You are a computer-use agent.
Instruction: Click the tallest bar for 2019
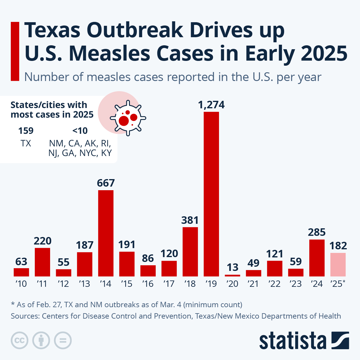click(x=211, y=194)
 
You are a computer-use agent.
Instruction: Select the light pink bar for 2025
click(x=338, y=265)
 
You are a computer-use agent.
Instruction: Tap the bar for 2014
click(x=106, y=233)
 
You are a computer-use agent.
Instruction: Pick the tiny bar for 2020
click(x=232, y=275)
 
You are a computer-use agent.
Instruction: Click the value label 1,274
click(x=211, y=105)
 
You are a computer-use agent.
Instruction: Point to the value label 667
click(x=106, y=183)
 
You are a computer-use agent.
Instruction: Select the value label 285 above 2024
click(x=317, y=232)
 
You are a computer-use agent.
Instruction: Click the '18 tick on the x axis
click(x=190, y=283)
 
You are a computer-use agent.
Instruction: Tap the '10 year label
click(x=21, y=283)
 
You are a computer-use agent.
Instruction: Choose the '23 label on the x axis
click(x=295, y=283)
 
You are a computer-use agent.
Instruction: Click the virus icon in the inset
click(x=128, y=118)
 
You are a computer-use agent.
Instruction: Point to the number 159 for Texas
click(x=26, y=131)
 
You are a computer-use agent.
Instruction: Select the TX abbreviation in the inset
click(x=26, y=143)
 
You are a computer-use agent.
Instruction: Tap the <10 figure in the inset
click(x=80, y=131)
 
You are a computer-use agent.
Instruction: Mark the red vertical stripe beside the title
click(x=15, y=51)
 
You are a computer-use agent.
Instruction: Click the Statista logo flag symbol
click(x=340, y=340)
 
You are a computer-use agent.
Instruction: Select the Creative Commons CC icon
click(x=19, y=340)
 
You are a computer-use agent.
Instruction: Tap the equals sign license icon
click(x=63, y=340)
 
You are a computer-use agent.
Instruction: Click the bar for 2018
click(x=190, y=252)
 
